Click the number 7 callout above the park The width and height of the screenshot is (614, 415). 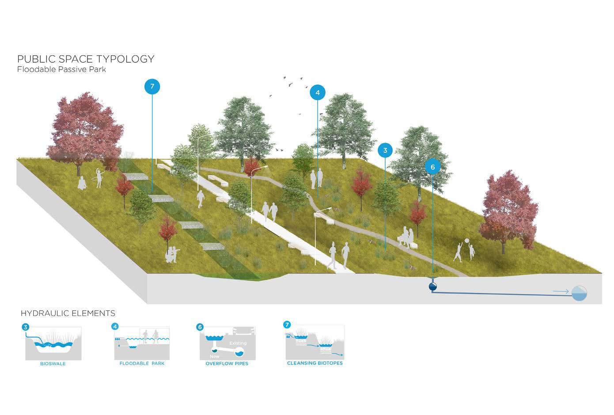point(152,87)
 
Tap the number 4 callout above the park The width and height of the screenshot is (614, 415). point(317,93)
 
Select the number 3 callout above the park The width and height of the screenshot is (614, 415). point(385,151)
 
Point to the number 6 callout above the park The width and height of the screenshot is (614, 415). point(432,167)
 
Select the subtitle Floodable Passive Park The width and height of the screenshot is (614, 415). point(61,69)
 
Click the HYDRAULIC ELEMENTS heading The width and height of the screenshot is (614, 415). point(68,313)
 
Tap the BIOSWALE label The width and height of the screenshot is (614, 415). point(53,364)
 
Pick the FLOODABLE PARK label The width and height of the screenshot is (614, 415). point(142,364)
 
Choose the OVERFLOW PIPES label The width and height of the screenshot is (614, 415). point(227,364)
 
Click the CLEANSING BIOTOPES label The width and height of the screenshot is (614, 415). point(315,363)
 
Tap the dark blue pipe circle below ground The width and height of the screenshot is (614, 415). point(432,287)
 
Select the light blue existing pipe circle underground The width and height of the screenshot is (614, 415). point(579,293)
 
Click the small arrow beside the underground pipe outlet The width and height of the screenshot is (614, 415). point(561,291)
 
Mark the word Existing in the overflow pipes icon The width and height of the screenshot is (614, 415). point(238,343)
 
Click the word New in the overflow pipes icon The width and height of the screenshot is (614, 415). point(215,356)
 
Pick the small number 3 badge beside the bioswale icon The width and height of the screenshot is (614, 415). point(26,327)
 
